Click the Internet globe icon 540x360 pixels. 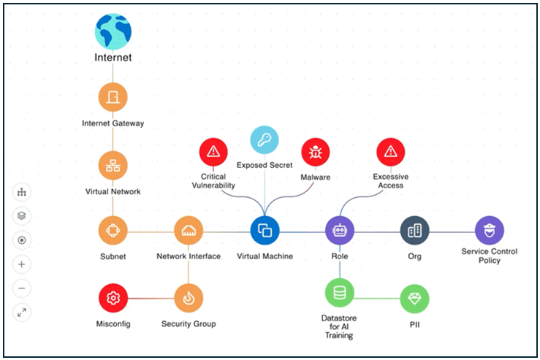(x=113, y=31)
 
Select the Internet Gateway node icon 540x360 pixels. (x=113, y=96)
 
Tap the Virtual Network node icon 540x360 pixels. (x=113, y=165)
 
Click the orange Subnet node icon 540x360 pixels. (x=113, y=231)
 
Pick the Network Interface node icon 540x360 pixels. (x=189, y=231)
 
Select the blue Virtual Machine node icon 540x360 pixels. (x=265, y=231)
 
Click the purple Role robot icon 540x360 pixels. (x=340, y=231)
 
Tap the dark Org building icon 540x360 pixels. (x=414, y=231)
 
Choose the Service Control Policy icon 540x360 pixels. (x=489, y=231)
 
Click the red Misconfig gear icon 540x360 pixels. (x=113, y=298)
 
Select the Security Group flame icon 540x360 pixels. (x=189, y=298)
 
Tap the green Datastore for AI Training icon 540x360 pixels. (x=340, y=293)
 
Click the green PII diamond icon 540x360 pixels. (x=414, y=298)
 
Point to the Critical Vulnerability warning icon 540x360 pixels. (x=213, y=152)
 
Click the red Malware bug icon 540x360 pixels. (x=316, y=152)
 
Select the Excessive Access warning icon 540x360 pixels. (x=391, y=152)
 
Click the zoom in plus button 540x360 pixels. (x=22, y=264)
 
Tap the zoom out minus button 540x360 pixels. (x=22, y=288)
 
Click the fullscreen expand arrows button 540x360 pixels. (x=22, y=313)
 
